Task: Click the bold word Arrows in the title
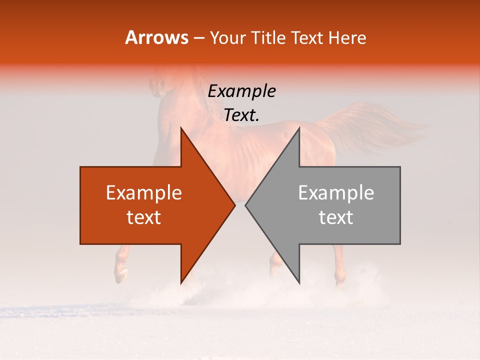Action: [156, 37]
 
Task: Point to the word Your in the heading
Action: [226, 38]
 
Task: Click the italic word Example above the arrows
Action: [242, 91]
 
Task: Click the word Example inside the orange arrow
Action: [144, 193]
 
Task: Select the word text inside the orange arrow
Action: [144, 217]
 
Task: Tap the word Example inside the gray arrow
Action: [336, 193]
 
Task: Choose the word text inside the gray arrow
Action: [336, 217]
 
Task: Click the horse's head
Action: [159, 85]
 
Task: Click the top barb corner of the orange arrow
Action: [181, 128]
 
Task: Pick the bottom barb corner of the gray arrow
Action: [299, 282]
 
